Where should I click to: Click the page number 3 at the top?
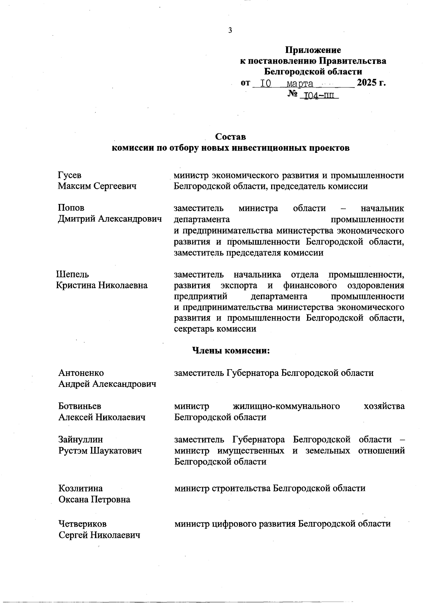pyautogui.click(x=230, y=30)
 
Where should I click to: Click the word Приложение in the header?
pyautogui.click(x=313, y=50)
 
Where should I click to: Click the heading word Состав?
pyautogui.click(x=231, y=137)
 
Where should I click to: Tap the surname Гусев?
pyautogui.click(x=70, y=175)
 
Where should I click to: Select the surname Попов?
pyautogui.click(x=71, y=208)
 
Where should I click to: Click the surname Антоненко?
pyautogui.click(x=81, y=373)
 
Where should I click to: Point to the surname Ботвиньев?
pyautogui.click(x=80, y=406)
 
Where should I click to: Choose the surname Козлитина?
pyautogui.click(x=80, y=488)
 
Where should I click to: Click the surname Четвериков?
pyautogui.click(x=83, y=524)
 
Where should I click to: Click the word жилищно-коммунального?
pyautogui.click(x=286, y=406)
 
